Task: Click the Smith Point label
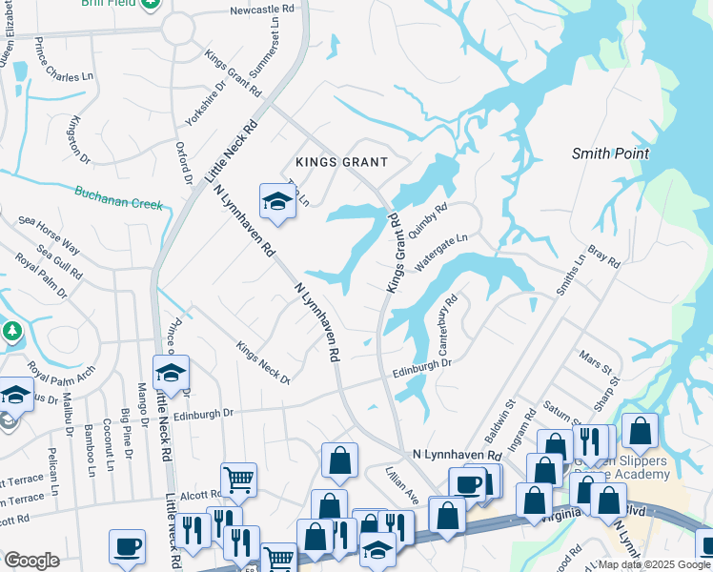(x=610, y=153)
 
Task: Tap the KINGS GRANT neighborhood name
(x=341, y=162)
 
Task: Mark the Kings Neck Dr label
(x=263, y=363)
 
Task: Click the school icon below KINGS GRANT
(x=277, y=201)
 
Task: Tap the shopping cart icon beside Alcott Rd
(x=238, y=479)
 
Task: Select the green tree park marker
(x=11, y=332)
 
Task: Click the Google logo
(x=31, y=561)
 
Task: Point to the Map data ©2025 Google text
(x=653, y=565)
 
